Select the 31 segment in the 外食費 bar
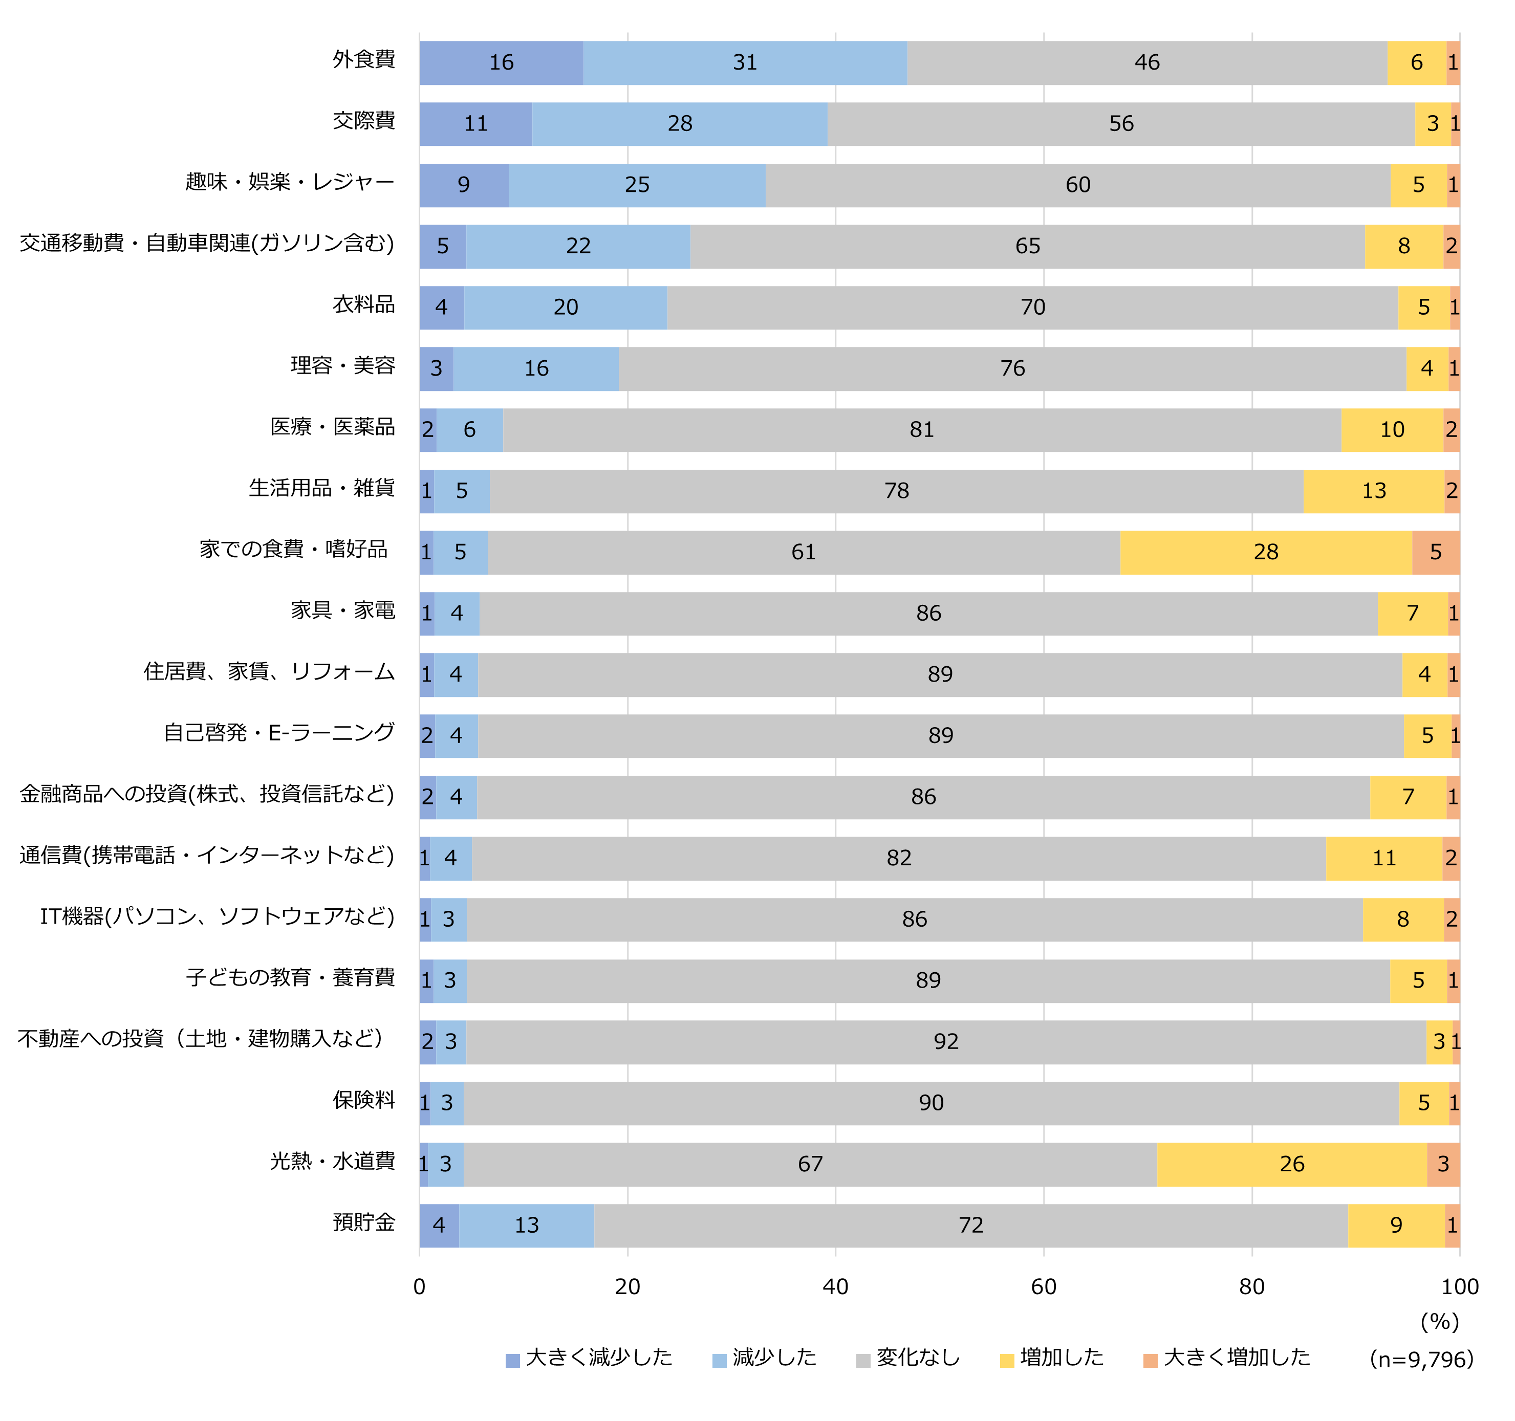pyautogui.click(x=745, y=62)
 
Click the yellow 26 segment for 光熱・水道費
pyautogui.click(x=1292, y=1164)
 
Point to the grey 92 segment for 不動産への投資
pyautogui.click(x=946, y=1041)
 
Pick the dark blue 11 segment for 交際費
pyautogui.click(x=475, y=123)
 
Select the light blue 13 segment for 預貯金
pyautogui.click(x=527, y=1225)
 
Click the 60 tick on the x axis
pyautogui.click(x=1043, y=1287)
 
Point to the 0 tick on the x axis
pyautogui.click(x=419, y=1287)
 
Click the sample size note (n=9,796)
pyautogui.click(x=1421, y=1359)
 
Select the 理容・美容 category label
pyautogui.click(x=343, y=366)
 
